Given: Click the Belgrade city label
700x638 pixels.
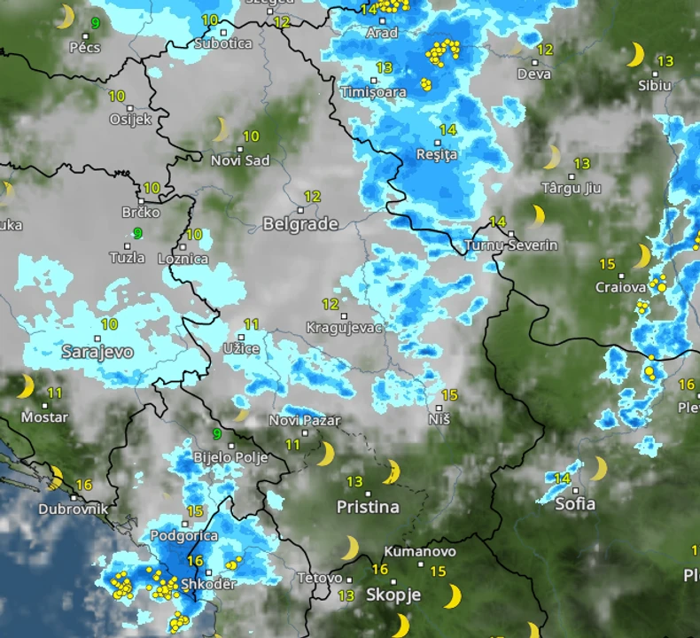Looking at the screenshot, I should (x=300, y=224).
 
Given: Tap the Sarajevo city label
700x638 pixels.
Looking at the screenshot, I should (x=97, y=352).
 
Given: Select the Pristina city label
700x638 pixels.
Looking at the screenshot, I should (x=368, y=508).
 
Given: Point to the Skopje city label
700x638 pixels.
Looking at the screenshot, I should (x=393, y=595).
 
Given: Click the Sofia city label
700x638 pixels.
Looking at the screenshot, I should (x=575, y=504).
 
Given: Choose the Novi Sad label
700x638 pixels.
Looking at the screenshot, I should (x=240, y=160).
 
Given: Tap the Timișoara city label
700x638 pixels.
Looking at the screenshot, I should (x=374, y=92).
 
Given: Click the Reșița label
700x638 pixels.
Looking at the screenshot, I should (x=437, y=155).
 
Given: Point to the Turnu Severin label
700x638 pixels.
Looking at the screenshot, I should (x=511, y=245).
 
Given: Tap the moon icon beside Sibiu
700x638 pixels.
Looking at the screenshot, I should (x=635, y=56).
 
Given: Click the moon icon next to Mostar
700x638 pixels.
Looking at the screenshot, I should (x=26, y=386).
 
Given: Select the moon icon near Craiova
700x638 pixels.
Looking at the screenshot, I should (x=642, y=257).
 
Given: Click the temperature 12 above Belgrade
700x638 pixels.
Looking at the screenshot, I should (x=312, y=197).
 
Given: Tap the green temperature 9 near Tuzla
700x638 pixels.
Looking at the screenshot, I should (x=137, y=233).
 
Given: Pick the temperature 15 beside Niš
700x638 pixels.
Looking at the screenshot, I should (x=449, y=395).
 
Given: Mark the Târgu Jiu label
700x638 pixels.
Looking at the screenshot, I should (x=571, y=188).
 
